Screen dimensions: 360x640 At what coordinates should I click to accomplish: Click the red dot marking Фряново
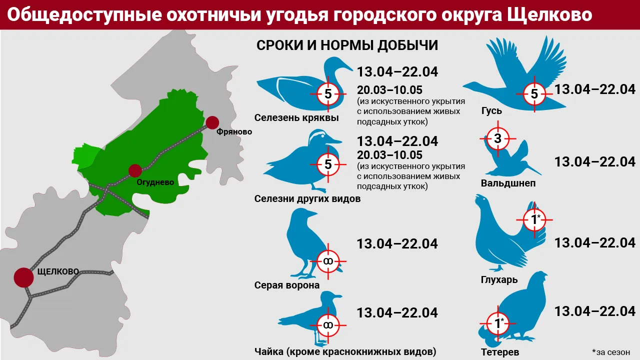tap(212, 122)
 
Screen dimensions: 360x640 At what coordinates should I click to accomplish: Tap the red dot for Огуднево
tap(135, 170)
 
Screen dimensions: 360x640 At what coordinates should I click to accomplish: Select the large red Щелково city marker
tap(23, 277)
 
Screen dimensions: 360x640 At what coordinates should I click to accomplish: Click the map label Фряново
tap(234, 132)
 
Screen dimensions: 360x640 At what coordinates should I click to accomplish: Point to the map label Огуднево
tap(155, 182)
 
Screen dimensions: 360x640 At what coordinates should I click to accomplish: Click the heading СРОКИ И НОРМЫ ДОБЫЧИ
tap(347, 45)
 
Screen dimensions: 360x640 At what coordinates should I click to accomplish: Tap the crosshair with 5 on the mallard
tap(328, 93)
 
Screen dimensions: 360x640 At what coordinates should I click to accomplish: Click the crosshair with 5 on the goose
tap(534, 93)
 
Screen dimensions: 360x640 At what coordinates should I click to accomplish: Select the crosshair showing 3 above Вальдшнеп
tap(497, 139)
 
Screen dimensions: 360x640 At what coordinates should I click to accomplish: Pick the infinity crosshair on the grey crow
tap(328, 261)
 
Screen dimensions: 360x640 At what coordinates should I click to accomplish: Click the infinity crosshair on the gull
tap(328, 324)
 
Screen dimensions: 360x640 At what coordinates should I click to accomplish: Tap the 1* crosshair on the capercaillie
tap(535, 219)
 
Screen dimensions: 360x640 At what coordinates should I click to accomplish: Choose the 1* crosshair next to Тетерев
tap(498, 324)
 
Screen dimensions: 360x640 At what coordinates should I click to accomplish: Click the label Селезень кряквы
tap(296, 118)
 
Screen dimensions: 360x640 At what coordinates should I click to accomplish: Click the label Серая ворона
tap(287, 285)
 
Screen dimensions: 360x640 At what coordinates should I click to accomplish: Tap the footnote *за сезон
tap(610, 351)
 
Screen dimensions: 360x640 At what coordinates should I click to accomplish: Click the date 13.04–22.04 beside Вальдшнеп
tap(595, 161)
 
